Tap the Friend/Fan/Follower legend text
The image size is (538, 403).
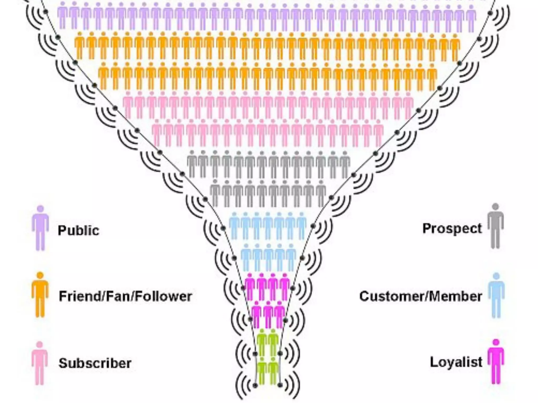click(125, 296)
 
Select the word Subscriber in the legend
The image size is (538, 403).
click(95, 363)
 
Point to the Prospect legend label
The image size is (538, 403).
click(452, 228)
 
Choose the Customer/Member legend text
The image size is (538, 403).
click(421, 296)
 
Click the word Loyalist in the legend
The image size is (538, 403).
click(456, 362)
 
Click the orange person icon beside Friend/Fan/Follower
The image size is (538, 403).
click(40, 294)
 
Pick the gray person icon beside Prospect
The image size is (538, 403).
click(495, 226)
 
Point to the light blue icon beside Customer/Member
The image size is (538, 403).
click(496, 295)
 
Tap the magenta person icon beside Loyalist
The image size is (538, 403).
click(496, 362)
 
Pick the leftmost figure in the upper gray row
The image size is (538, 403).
click(192, 164)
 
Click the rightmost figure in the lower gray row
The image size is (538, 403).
click(320, 193)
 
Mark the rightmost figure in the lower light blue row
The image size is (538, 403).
click(291, 257)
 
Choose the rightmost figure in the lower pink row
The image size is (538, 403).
click(378, 132)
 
